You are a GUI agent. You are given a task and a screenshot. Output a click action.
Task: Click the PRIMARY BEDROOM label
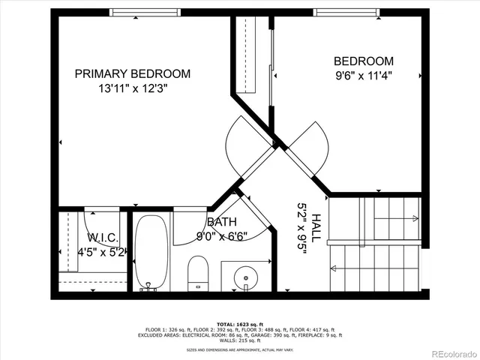coord(133,73)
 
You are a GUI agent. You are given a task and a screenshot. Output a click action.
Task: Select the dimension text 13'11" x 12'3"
coord(132,88)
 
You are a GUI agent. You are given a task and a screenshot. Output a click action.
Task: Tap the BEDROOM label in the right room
coord(363,61)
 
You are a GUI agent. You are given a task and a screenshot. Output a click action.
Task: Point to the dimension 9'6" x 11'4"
coord(363,75)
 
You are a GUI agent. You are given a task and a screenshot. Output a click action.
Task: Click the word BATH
coord(221,222)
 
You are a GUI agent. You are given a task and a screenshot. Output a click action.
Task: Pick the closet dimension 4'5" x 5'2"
coord(103,252)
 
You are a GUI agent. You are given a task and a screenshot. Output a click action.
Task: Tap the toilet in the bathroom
coord(198,271)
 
